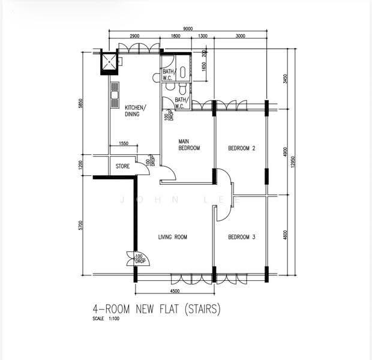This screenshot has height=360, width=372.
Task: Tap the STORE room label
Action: click(x=122, y=166)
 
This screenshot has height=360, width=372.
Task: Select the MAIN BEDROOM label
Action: click(x=189, y=145)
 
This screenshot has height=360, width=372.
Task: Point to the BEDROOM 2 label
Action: click(x=242, y=148)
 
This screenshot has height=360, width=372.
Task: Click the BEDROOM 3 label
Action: click(x=242, y=237)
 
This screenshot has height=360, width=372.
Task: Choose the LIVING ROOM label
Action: click(x=172, y=237)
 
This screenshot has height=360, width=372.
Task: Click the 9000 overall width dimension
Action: click(x=188, y=29)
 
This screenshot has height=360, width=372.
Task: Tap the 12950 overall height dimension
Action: click(x=293, y=161)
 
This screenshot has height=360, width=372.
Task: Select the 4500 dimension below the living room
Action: click(x=175, y=291)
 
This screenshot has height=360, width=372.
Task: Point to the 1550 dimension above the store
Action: click(x=124, y=143)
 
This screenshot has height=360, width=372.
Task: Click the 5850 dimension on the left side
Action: click(x=81, y=103)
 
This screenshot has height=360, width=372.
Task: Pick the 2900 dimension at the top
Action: click(x=134, y=36)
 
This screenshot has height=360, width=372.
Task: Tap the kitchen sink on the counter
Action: click(x=115, y=95)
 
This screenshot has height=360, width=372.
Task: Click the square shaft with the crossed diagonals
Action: click(x=109, y=62)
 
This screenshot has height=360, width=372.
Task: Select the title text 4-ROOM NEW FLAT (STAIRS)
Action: click(x=157, y=309)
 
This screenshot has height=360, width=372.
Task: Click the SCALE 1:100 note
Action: click(x=106, y=319)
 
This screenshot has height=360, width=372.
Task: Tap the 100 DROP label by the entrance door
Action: click(x=140, y=259)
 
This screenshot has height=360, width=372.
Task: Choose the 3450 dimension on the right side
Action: click(x=285, y=79)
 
